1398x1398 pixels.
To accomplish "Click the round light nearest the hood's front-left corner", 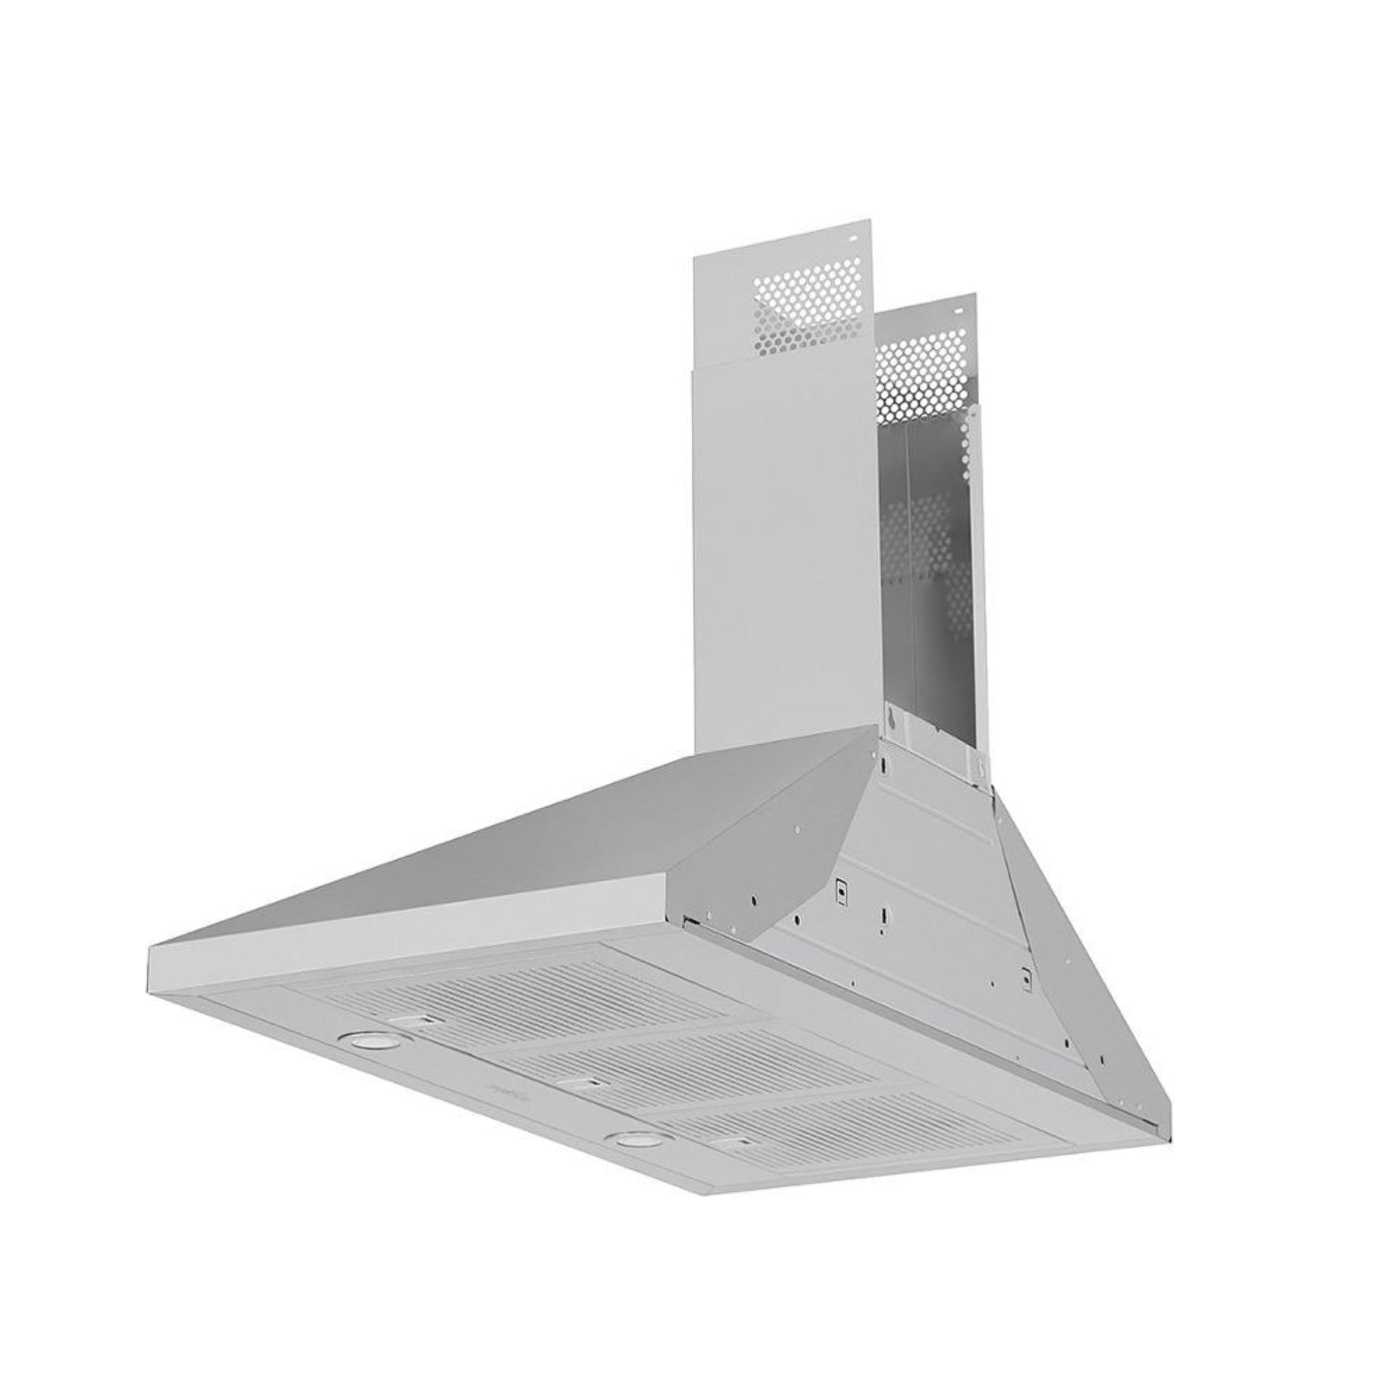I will (366, 1038).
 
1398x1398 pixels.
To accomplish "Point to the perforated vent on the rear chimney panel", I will (924, 369).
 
